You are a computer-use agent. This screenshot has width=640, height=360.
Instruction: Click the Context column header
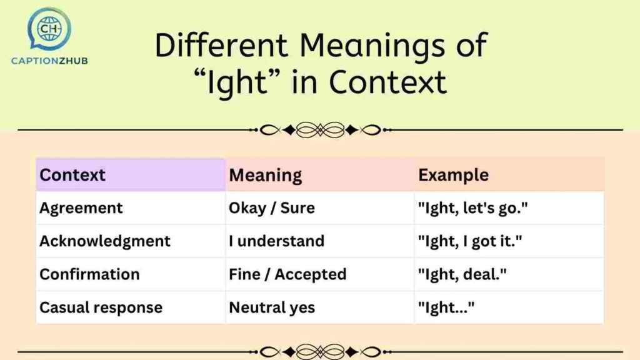72,175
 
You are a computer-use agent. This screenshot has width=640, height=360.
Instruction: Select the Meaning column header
265,175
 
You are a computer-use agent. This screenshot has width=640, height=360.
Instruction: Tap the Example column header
453,175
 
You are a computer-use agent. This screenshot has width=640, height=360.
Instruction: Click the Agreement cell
81,208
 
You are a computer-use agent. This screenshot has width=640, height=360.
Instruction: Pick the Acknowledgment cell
105,241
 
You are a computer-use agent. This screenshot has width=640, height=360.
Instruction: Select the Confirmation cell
89,274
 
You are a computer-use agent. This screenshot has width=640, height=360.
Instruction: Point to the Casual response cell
101,307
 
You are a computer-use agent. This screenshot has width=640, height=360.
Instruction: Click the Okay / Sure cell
271,208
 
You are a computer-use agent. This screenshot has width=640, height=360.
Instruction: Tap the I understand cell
276,241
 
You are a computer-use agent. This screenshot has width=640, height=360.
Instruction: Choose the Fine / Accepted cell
287,274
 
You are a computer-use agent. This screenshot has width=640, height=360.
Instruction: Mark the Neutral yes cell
272,307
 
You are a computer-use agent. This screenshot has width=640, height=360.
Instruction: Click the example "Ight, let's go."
472,208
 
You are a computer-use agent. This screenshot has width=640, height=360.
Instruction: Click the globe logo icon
49,29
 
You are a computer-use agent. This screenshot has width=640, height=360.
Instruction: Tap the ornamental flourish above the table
320,130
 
